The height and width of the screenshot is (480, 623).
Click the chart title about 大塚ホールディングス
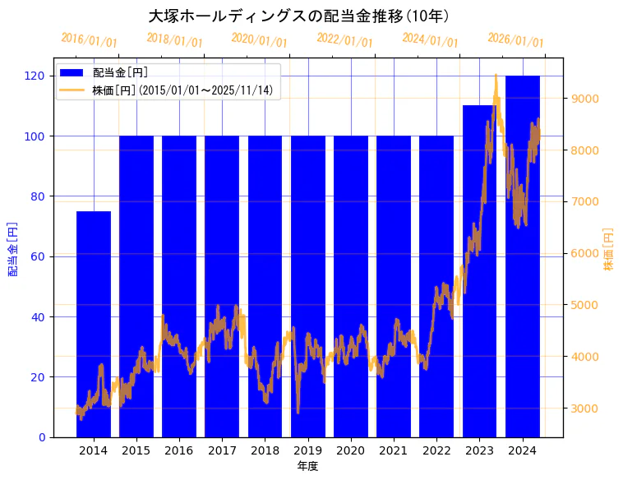pyautogui.click(x=299, y=16)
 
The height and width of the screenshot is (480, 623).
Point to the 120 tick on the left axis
pyautogui.click(x=35, y=76)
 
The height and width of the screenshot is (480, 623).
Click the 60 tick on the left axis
pyautogui.click(x=38, y=256)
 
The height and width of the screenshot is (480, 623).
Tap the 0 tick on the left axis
pyautogui.click(x=41, y=437)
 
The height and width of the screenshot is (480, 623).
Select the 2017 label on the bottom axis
pyautogui.click(x=222, y=450)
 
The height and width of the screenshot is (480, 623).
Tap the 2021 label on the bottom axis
pyautogui.click(x=394, y=450)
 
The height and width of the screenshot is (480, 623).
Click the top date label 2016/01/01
pyautogui.click(x=89, y=40)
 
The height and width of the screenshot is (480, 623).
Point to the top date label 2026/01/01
pyautogui.click(x=515, y=40)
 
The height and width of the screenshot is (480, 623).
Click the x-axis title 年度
pyautogui.click(x=307, y=466)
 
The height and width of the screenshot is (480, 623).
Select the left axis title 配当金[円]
pyautogui.click(x=12, y=248)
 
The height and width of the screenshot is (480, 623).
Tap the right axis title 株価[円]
pyautogui.click(x=609, y=249)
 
